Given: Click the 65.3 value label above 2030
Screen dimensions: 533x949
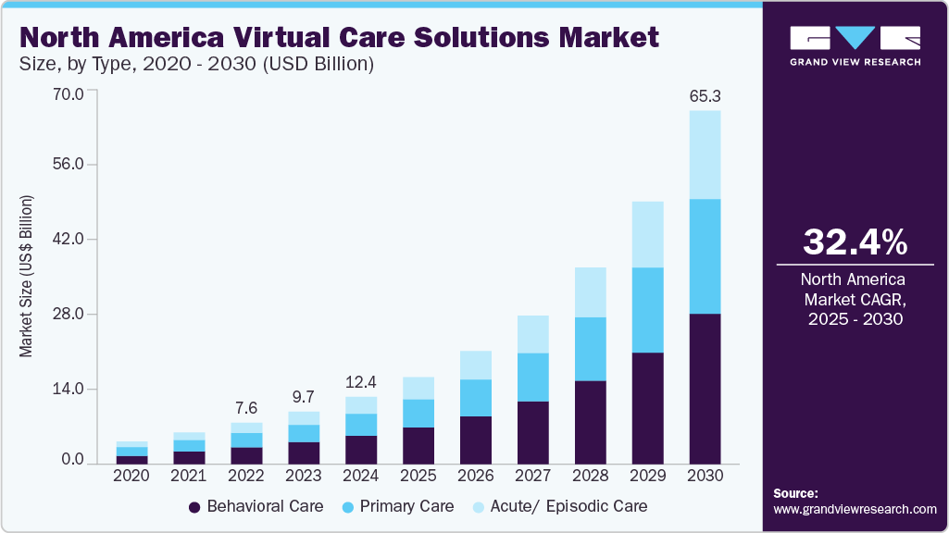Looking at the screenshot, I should pyautogui.click(x=705, y=95).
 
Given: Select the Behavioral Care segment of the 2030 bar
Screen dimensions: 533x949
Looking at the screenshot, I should pyautogui.click(x=705, y=389).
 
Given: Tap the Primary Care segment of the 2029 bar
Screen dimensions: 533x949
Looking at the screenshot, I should pyautogui.click(x=647, y=310).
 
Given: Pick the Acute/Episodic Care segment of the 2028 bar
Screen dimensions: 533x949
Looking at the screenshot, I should pyautogui.click(x=590, y=292).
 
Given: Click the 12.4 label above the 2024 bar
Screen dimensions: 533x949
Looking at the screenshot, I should pyautogui.click(x=361, y=381).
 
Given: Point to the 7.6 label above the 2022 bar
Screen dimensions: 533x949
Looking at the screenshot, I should pyautogui.click(x=246, y=407).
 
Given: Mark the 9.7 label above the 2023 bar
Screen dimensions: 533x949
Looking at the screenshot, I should pyautogui.click(x=304, y=396).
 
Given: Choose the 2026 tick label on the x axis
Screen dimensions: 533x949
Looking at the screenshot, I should pyautogui.click(x=476, y=475).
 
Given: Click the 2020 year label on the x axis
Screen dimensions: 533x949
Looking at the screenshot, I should pyautogui.click(x=131, y=475).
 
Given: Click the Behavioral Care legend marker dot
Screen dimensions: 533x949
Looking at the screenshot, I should pyautogui.click(x=194, y=507).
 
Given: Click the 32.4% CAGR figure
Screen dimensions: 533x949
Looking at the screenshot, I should pyautogui.click(x=855, y=242).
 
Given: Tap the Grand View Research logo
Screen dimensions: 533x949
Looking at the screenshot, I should pyautogui.click(x=855, y=45).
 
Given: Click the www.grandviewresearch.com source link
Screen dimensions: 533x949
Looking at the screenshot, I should pyautogui.click(x=855, y=509).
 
